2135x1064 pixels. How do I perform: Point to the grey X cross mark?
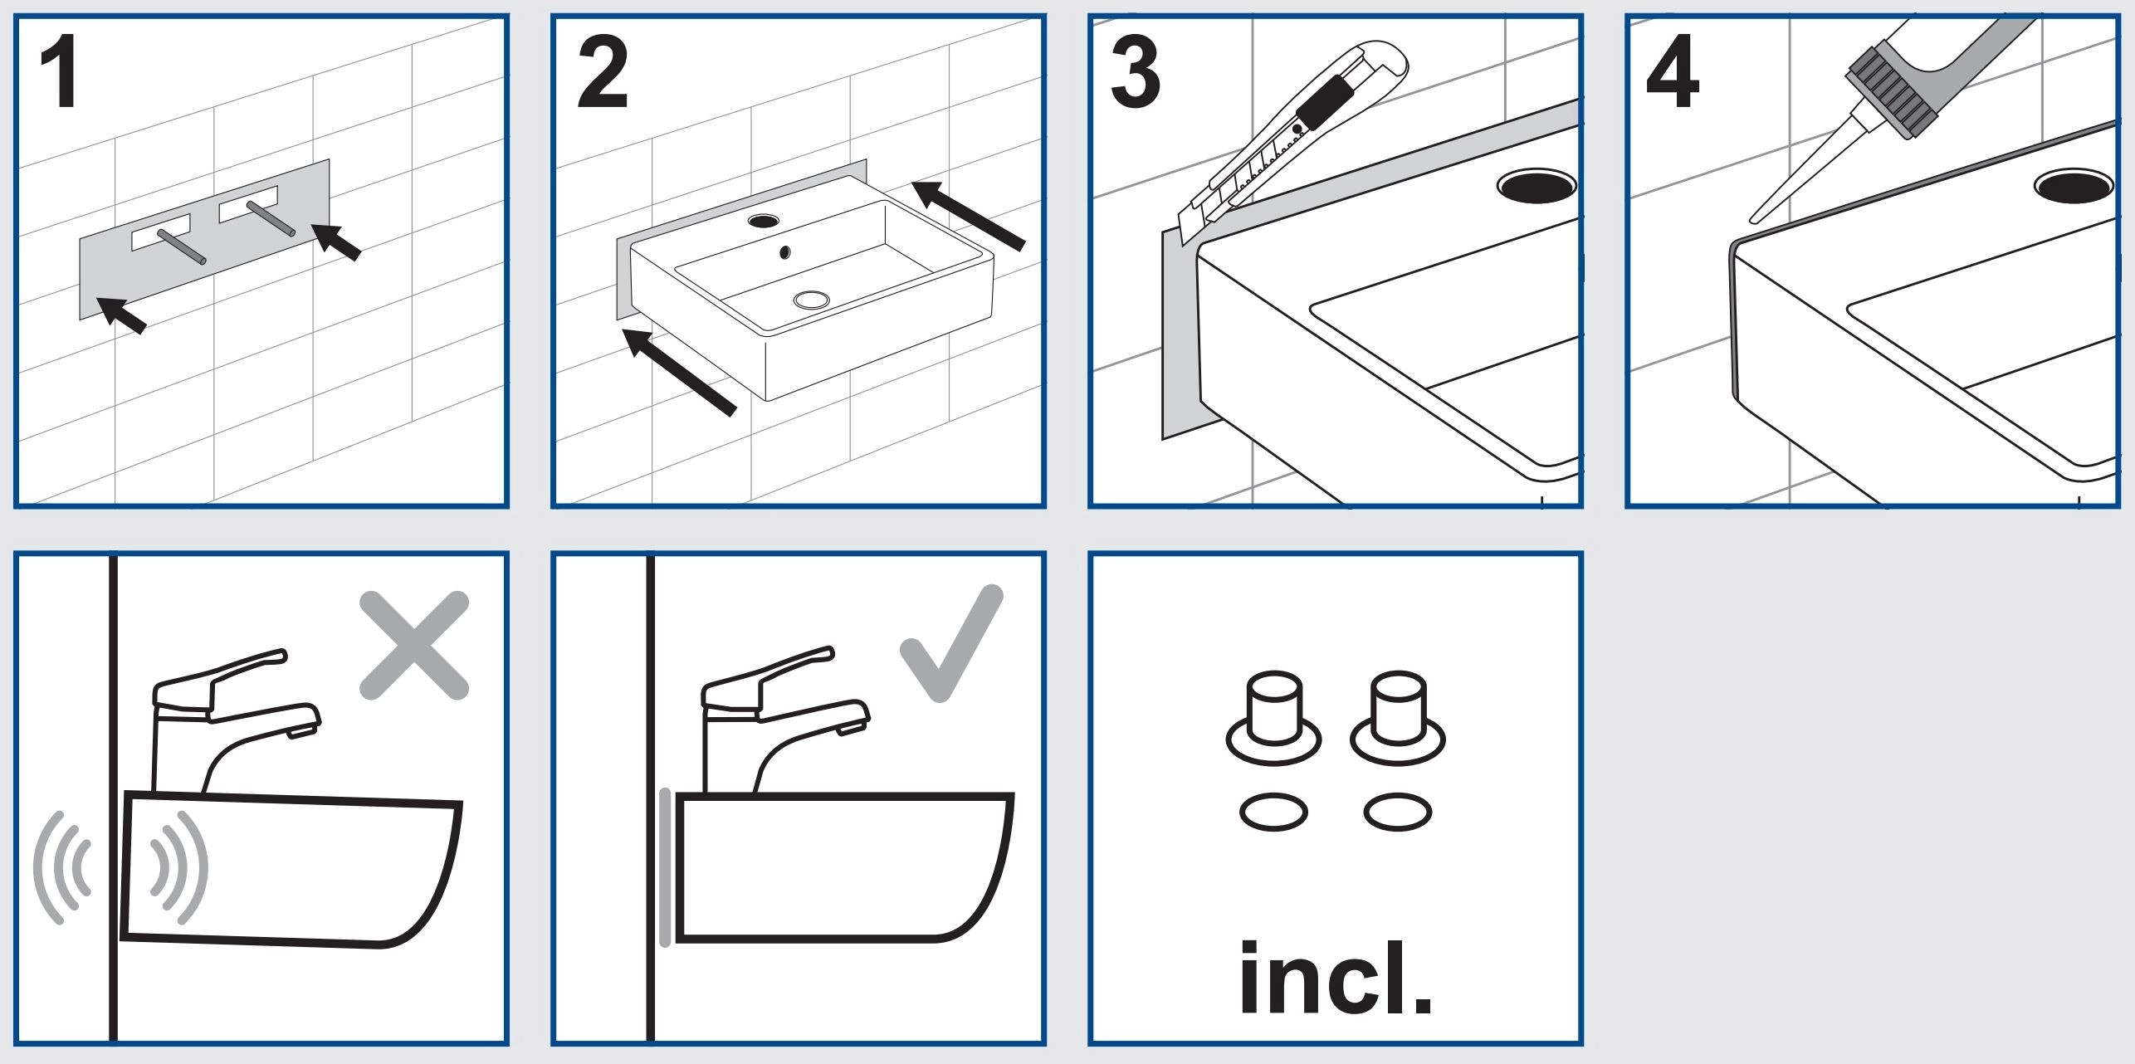tap(414, 645)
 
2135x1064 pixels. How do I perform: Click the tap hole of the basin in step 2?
tap(764, 221)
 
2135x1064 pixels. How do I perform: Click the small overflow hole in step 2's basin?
tap(785, 251)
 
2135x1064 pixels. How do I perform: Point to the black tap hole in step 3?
tap(1537, 186)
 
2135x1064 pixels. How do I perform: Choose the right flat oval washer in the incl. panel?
tap(1398, 813)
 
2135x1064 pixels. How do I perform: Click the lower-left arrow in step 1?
tap(122, 315)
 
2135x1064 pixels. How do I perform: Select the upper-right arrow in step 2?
tap(969, 214)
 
